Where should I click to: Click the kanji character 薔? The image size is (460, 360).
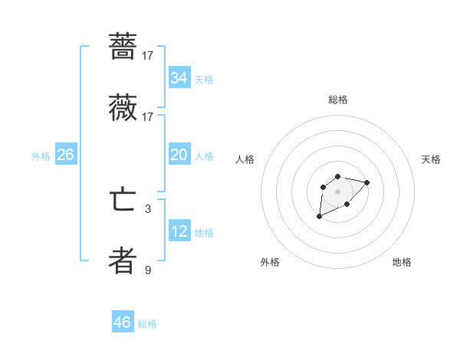click(x=123, y=45)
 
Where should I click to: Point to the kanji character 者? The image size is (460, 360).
click(x=123, y=261)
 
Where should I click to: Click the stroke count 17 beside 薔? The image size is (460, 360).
click(x=148, y=55)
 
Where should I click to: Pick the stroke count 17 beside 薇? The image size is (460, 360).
click(x=148, y=117)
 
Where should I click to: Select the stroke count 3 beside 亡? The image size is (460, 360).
click(x=148, y=208)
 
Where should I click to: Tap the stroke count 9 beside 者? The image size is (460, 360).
click(x=148, y=270)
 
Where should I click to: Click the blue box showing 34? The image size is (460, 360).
click(x=179, y=78)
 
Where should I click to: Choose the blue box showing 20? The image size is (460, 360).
click(x=179, y=155)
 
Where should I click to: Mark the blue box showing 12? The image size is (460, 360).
click(x=179, y=231)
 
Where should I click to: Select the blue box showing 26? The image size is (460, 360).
click(x=65, y=155)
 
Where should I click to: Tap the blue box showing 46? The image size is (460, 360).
click(x=123, y=322)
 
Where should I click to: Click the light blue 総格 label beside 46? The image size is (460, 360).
click(x=147, y=324)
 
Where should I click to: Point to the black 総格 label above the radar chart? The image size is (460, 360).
click(x=338, y=100)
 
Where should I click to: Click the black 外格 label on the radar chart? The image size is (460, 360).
click(x=270, y=262)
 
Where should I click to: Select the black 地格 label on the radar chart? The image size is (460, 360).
click(x=402, y=262)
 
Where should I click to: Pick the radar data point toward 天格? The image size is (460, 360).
click(x=366, y=182)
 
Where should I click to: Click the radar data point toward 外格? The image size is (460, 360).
click(x=320, y=217)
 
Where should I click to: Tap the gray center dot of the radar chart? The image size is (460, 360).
click(x=337, y=191)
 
